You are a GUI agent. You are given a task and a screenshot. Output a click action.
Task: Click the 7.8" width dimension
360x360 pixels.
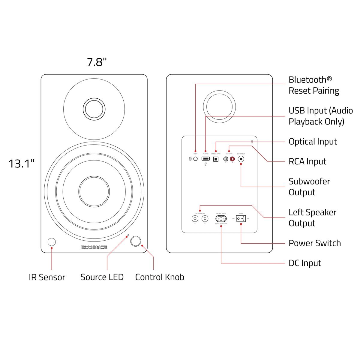tap(97, 62)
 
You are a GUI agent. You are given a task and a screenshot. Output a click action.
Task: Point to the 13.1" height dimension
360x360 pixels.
tap(21, 164)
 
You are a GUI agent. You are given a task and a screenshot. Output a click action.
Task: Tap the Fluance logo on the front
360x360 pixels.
tap(94, 247)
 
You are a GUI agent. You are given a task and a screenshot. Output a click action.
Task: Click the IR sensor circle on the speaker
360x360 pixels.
tap(52, 242)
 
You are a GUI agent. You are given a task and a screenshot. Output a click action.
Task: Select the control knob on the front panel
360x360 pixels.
tap(136, 241)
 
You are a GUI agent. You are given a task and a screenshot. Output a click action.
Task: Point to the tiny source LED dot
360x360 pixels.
tap(128, 235)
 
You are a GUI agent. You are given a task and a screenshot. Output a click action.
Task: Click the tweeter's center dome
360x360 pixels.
tap(94, 109)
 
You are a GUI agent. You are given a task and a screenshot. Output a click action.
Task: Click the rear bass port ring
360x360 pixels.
tap(219, 107)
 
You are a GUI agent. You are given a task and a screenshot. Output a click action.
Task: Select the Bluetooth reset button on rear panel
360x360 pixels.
tap(196, 159)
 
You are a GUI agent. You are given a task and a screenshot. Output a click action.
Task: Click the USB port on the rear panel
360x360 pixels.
tap(205, 159)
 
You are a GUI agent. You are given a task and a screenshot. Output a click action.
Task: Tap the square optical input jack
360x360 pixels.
tap(216, 159)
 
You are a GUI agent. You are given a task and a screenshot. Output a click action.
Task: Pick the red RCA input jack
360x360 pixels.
tap(232, 159)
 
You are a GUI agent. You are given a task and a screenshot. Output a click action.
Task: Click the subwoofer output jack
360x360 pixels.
tap(241, 159)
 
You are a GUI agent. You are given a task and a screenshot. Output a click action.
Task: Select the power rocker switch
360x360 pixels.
tap(241, 219)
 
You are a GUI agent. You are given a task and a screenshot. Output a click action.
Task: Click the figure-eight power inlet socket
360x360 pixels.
tap(221, 219)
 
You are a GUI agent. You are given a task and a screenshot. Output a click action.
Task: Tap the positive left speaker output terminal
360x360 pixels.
tap(205, 219)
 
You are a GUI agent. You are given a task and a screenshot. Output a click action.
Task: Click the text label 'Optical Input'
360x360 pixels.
tap(313, 142)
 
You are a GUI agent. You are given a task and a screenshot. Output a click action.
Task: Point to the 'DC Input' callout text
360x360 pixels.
tap(305, 263)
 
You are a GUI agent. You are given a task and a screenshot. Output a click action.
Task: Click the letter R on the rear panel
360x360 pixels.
tap(252, 141)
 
